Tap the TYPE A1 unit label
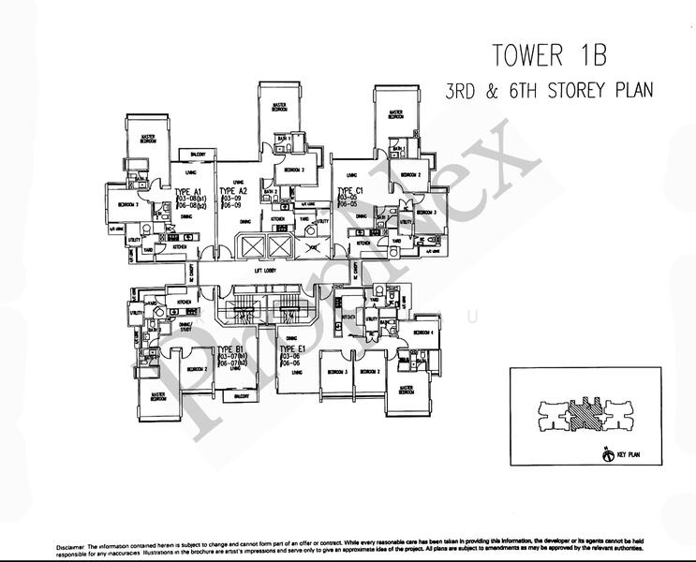click(x=189, y=191)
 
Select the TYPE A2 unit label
click(x=233, y=191)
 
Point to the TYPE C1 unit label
click(x=350, y=191)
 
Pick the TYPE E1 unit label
click(x=293, y=348)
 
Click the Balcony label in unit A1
click(x=198, y=154)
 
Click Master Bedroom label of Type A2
click(x=279, y=107)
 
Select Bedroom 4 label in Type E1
click(x=426, y=333)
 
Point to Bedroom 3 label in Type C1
click(x=427, y=213)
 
